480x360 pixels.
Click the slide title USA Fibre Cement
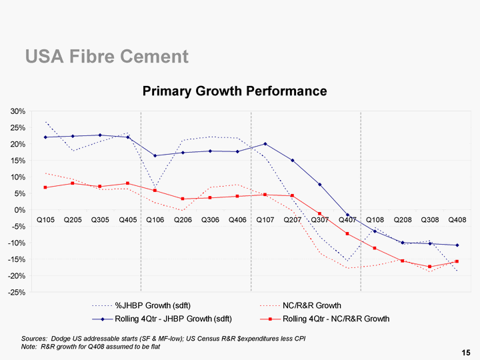point(107,57)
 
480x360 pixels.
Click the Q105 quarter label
point(45,220)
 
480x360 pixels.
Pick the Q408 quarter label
point(457,220)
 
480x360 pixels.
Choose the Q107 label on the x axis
point(265,220)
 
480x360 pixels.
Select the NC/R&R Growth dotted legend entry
point(312,305)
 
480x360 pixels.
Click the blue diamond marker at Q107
point(265,144)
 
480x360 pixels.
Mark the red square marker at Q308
point(429,267)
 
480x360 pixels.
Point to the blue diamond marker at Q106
point(155,156)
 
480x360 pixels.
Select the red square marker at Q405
point(127,183)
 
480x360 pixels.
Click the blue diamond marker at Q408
point(457,245)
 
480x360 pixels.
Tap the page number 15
point(465,352)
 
